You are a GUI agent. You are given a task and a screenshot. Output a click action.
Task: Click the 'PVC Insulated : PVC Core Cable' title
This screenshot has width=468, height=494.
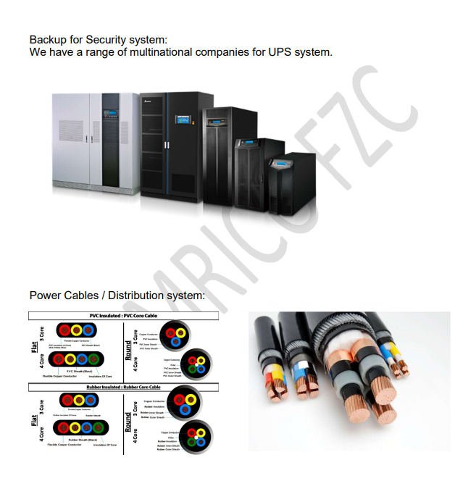124,316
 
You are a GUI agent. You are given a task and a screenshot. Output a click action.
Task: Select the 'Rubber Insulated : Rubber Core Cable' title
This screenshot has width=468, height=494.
124,388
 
